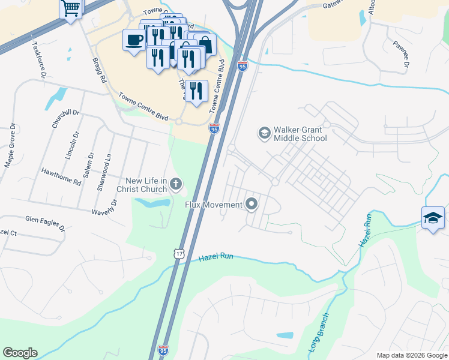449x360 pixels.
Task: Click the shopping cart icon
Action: (x=71, y=9)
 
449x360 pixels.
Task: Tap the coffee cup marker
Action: (x=134, y=40)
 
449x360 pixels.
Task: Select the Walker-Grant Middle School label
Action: (x=300, y=134)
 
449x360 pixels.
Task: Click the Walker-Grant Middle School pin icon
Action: (x=264, y=132)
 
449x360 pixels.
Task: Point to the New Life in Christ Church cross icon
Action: (x=176, y=184)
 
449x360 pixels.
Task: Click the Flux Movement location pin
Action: (x=252, y=205)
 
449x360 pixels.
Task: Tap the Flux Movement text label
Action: (x=214, y=205)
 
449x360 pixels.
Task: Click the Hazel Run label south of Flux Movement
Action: (x=215, y=257)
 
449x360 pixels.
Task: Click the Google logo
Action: (x=20, y=353)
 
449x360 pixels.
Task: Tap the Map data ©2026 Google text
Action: (x=411, y=355)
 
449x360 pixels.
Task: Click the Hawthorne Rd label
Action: (x=61, y=176)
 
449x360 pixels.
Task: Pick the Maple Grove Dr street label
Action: (x=10, y=146)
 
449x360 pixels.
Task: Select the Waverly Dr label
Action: (x=104, y=207)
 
